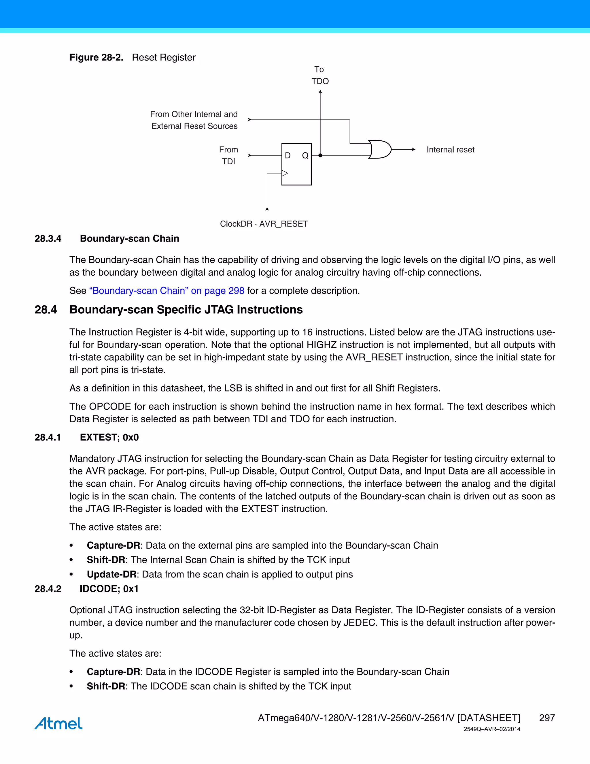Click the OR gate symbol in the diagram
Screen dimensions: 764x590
[380, 149]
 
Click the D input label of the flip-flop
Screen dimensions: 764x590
[288, 155]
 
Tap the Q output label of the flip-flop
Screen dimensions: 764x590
[305, 155]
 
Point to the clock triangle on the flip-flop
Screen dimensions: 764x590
[285, 173]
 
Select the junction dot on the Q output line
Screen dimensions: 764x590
[320, 155]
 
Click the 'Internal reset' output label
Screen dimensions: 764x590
[450, 150]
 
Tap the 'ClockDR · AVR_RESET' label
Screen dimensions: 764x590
[264, 224]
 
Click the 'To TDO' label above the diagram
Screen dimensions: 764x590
[320, 75]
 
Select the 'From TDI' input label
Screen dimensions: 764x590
[228, 155]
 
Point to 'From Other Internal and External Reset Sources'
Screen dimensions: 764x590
[194, 120]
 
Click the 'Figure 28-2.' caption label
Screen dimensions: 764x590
[97, 57]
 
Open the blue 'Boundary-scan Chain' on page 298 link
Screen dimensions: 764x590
[167, 291]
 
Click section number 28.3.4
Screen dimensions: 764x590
[48, 239]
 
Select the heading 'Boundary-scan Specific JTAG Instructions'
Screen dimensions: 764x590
[186, 310]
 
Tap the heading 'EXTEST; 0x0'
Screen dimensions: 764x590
[109, 437]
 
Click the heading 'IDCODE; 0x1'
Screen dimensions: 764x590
[109, 589]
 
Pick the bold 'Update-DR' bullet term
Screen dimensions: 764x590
[111, 574]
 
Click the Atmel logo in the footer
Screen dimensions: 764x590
[58, 723]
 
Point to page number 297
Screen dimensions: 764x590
[547, 718]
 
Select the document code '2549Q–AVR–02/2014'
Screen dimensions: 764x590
[492, 729]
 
